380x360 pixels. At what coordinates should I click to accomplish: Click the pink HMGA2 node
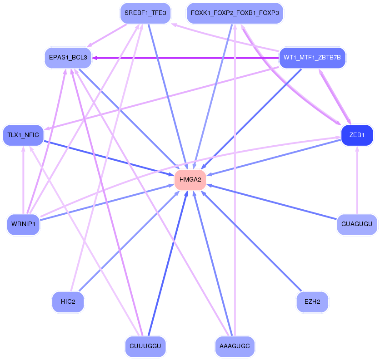tap(190, 180)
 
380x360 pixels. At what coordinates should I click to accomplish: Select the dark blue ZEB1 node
tap(357, 135)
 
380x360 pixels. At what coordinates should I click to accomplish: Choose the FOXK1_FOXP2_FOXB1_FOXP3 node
tap(235, 13)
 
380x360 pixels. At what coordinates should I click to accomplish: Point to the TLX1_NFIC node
tap(23, 135)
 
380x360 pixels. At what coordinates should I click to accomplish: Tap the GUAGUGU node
tap(357, 224)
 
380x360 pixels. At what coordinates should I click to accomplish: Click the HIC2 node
tap(68, 301)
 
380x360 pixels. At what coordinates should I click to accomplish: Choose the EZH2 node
tap(312, 301)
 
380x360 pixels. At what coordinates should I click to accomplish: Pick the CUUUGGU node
tap(145, 346)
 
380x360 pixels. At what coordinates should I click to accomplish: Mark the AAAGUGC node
tap(235, 346)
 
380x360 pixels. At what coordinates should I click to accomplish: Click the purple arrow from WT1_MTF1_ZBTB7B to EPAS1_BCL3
tap(186, 58)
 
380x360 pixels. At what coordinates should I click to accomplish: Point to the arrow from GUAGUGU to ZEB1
tap(357, 182)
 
